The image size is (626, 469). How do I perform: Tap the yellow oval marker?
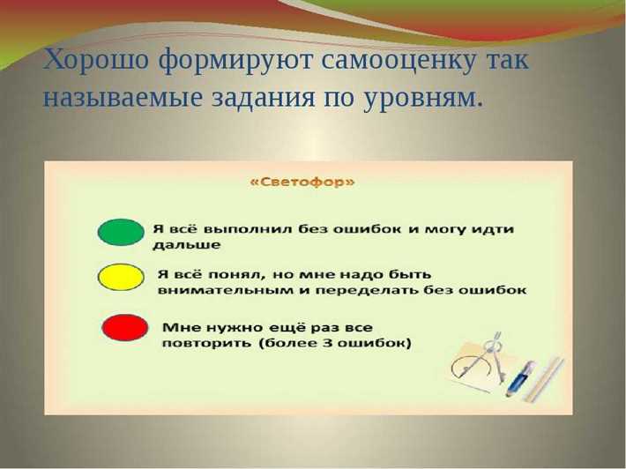(120, 278)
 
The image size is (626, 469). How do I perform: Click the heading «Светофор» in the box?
(302, 182)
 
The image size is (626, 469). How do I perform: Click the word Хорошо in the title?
(97, 62)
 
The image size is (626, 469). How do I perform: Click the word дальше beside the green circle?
(186, 245)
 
